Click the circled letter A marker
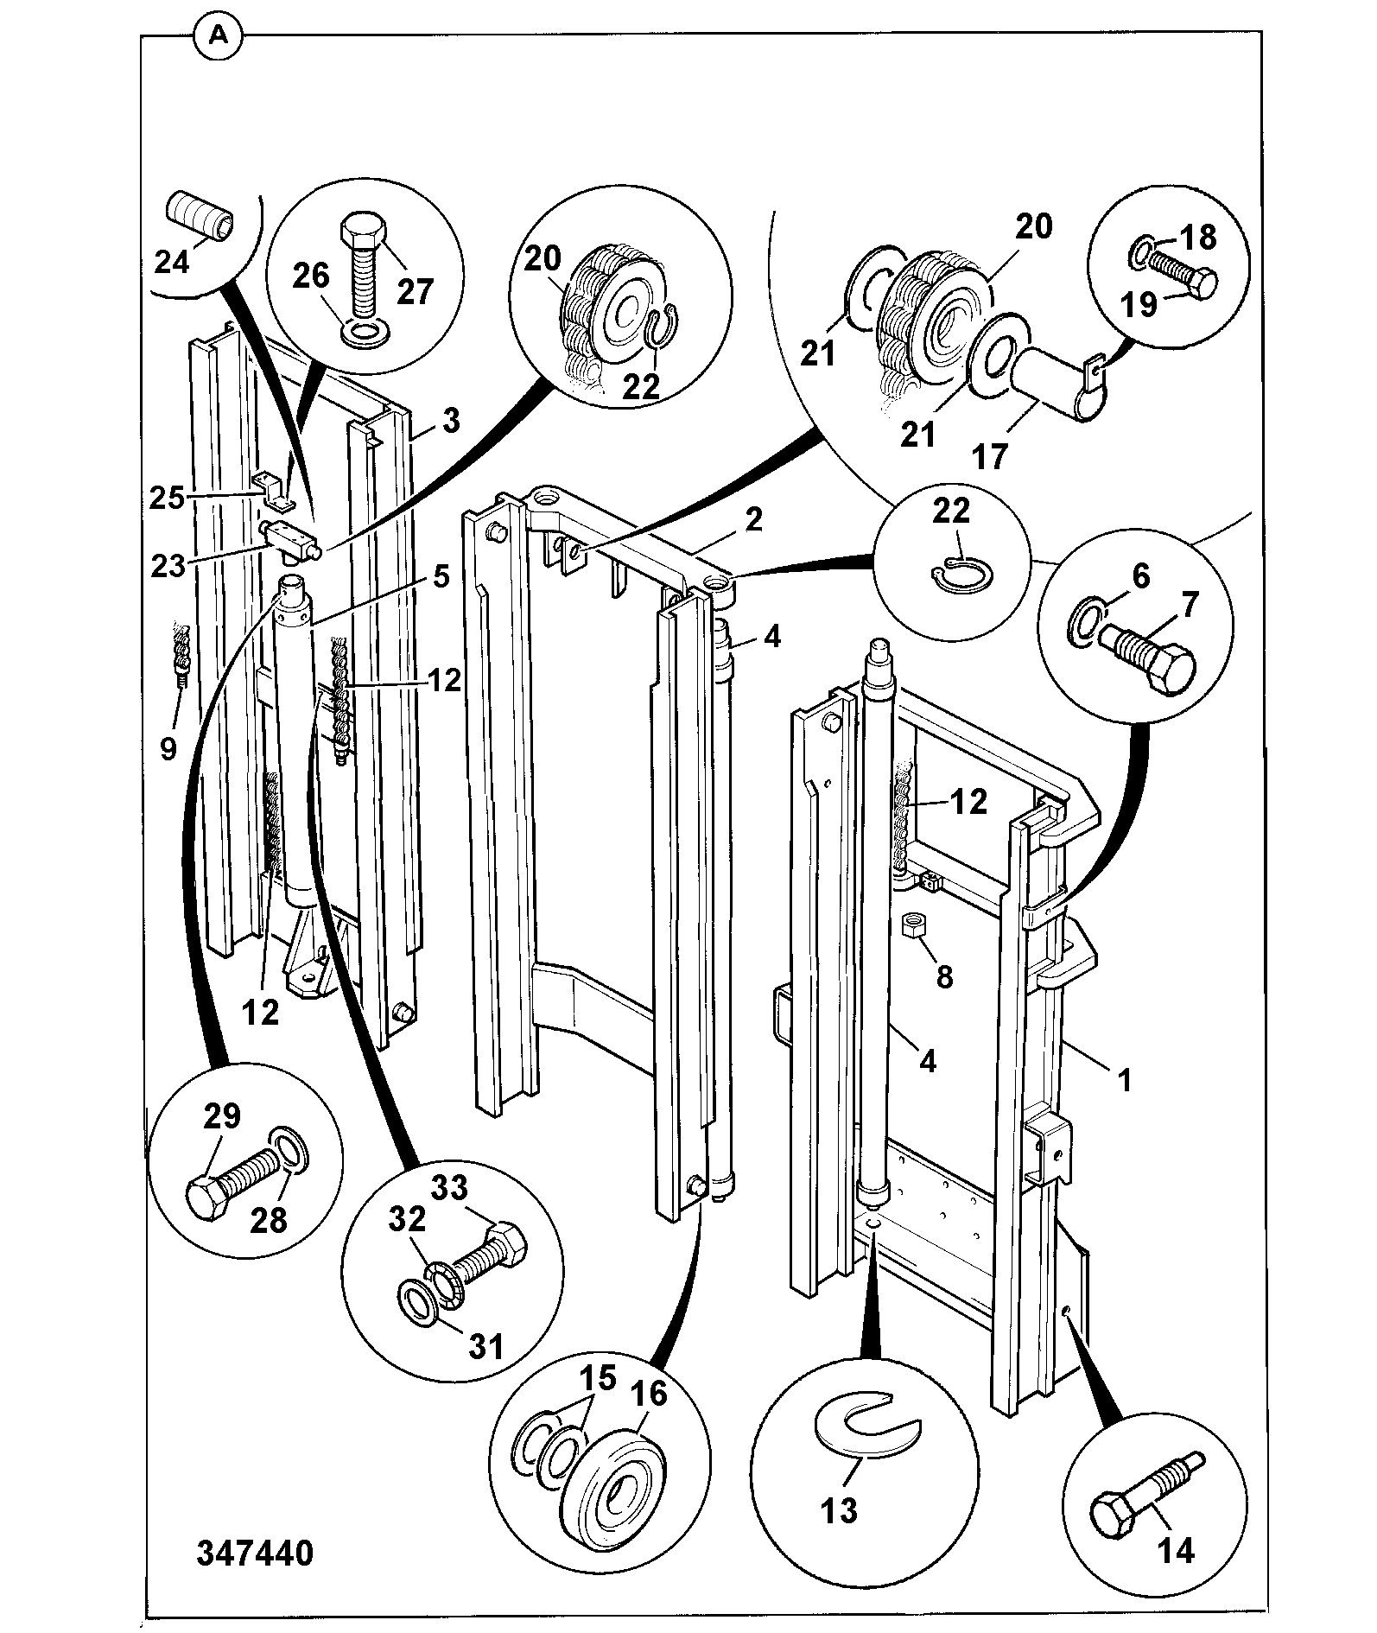coord(219,35)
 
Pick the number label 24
coord(172,260)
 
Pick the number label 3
coord(451,421)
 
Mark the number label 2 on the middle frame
coord(753,518)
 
